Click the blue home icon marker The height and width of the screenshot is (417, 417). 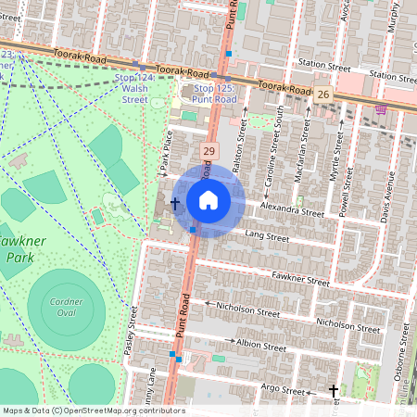click(x=208, y=200)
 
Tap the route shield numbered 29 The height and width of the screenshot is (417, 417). click(x=209, y=151)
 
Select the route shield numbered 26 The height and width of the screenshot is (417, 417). click(x=322, y=95)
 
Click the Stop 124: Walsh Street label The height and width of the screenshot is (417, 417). click(x=134, y=89)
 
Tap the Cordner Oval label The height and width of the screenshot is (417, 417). click(x=68, y=307)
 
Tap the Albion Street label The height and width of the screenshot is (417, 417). click(x=261, y=345)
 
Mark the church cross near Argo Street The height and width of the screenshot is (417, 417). click(x=335, y=392)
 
